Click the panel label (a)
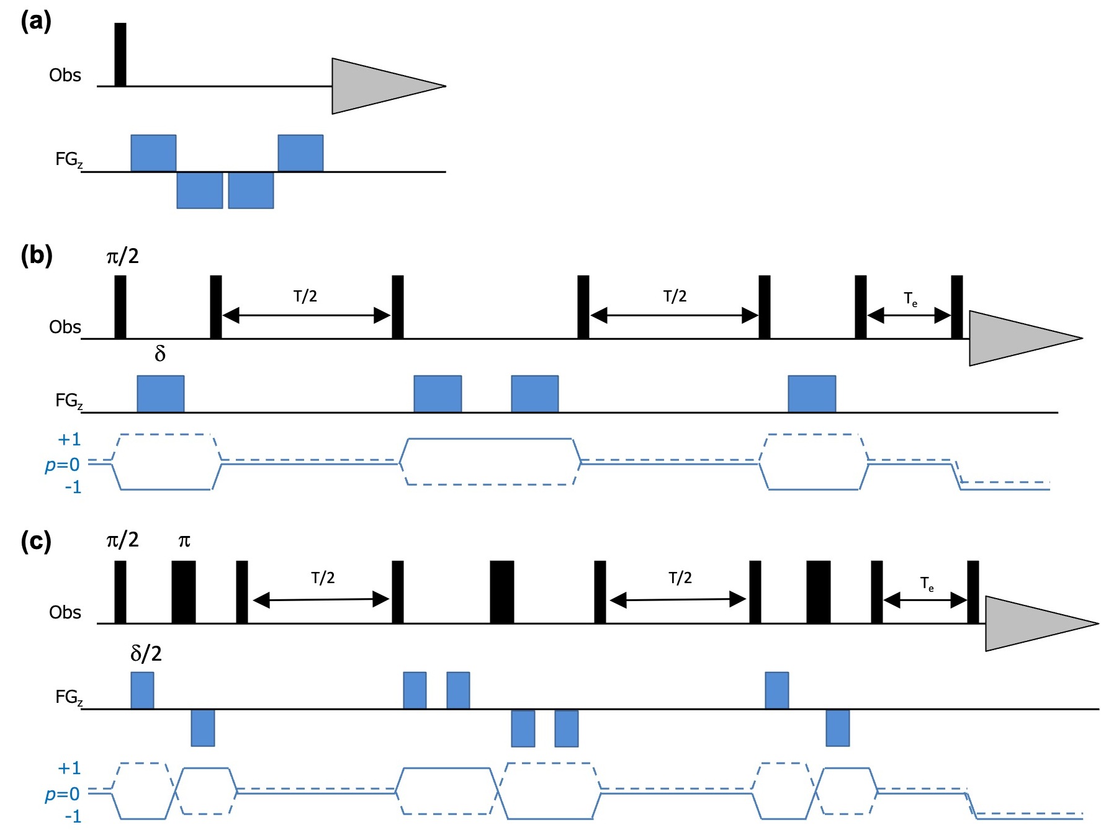35,22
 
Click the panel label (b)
36,255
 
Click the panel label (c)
35,541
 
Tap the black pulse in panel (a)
120,55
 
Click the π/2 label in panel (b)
122,256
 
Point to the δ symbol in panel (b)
160,354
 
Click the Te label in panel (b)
910,300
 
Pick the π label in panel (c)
184,541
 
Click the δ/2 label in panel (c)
146,653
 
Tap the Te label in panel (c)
927,584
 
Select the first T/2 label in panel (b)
305,296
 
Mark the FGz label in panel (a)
68,160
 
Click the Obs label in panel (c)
65,612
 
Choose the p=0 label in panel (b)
62,465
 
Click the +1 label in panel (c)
69,769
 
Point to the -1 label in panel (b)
73,488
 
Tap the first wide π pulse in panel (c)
184,592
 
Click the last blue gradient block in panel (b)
812,393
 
